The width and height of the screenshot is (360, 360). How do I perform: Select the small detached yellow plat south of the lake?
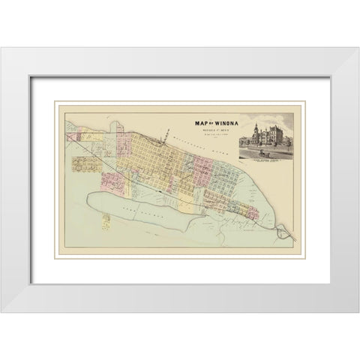pos(106,220)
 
